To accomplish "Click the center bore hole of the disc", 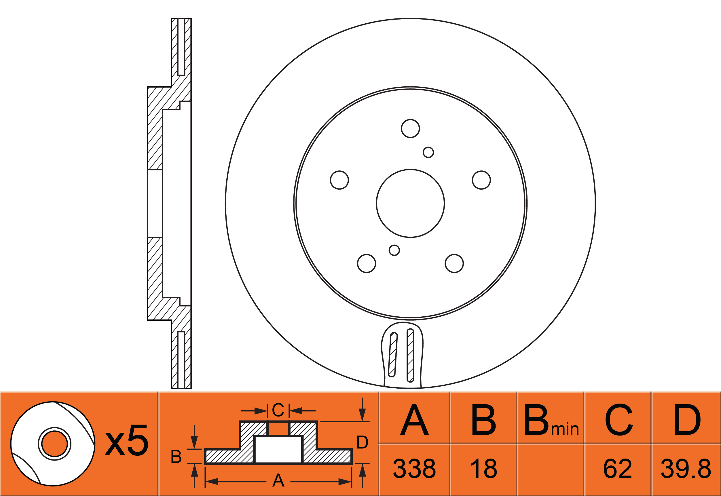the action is tap(410, 204).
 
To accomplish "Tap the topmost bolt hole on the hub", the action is tap(410, 128).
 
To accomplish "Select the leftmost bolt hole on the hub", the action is tap(339, 180).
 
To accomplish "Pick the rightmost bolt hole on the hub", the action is tap(481, 180).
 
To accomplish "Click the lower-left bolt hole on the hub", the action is tap(367, 263).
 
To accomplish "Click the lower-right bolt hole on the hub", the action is tap(454, 263).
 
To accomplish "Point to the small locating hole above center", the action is tap(428, 152).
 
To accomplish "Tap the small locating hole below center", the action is tap(394, 250).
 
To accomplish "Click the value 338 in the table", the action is tap(414, 468).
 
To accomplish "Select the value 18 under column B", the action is tap(483, 468).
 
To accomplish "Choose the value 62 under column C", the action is tap(618, 468).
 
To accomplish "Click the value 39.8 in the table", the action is tap(686, 468).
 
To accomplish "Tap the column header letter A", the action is tap(414, 420).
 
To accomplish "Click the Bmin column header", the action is tap(551, 421).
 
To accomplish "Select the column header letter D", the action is tap(687, 420).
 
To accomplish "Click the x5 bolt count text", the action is tap(126, 441).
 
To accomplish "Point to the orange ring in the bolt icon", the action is tap(55, 444).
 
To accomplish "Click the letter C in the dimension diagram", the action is tap(278, 410).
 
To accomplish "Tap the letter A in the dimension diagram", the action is tap(278, 480).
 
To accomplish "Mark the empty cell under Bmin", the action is tap(551, 468).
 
